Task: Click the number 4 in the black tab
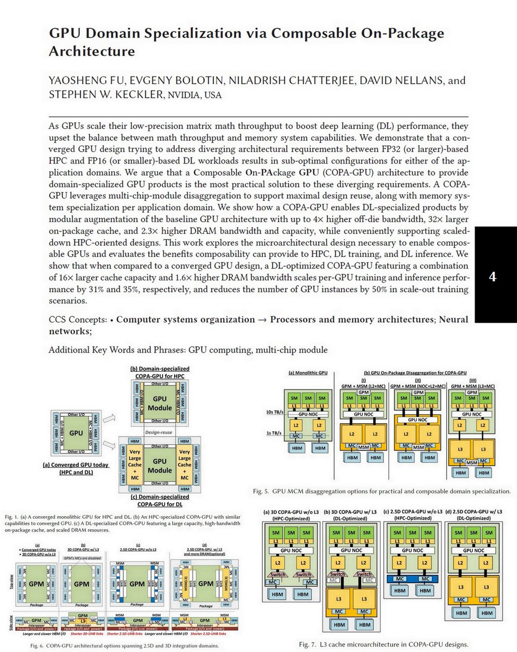(x=492, y=277)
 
